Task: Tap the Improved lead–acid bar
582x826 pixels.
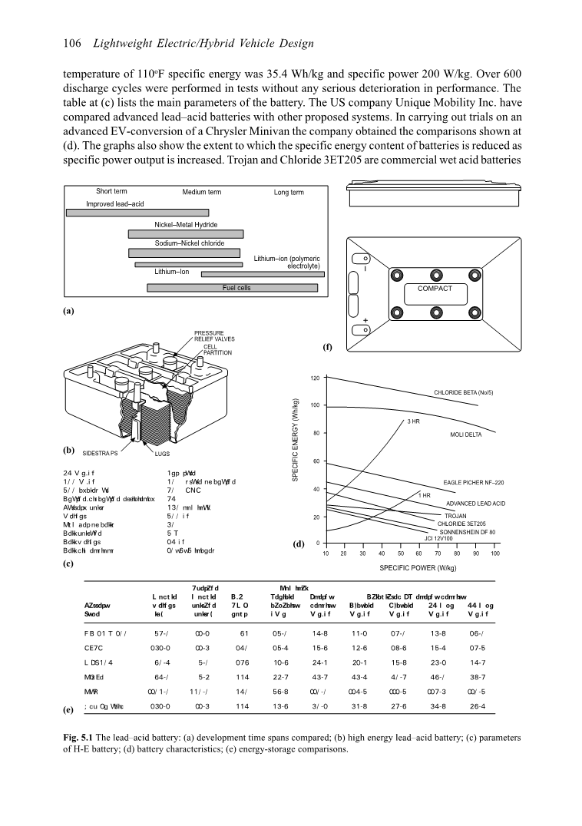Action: [x=137, y=213]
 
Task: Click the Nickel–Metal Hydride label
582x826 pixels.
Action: [x=186, y=225]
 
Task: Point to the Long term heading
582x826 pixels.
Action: [x=289, y=192]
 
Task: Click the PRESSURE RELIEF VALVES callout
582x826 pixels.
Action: [x=214, y=335]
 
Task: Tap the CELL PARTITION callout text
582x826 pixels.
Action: [x=217, y=349]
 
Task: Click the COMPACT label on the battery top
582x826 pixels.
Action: [x=435, y=289]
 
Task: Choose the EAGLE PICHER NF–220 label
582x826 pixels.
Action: [x=474, y=482]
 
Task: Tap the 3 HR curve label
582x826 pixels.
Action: [x=413, y=421]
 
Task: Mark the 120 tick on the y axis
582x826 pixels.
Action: [x=315, y=378]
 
